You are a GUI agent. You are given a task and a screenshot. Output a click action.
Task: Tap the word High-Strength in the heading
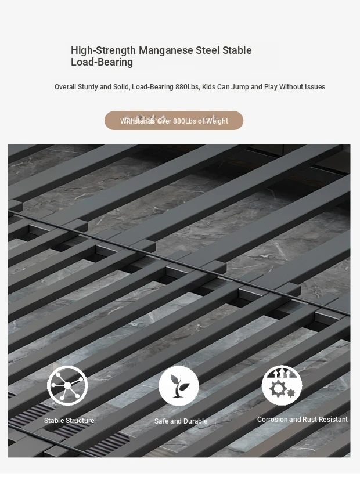click(x=103, y=50)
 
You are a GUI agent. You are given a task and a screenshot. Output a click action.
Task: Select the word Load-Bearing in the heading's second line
click(x=102, y=62)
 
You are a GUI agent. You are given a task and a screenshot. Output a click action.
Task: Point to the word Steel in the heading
click(x=207, y=50)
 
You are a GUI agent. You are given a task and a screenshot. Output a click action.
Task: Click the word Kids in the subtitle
click(x=208, y=87)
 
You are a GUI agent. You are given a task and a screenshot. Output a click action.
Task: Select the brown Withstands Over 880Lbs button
click(x=174, y=121)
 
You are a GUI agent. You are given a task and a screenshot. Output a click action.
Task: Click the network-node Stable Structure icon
click(x=67, y=386)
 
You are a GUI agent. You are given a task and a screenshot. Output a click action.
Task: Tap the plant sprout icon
click(x=179, y=386)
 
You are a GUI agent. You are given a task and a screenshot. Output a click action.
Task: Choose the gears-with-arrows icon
click(x=282, y=385)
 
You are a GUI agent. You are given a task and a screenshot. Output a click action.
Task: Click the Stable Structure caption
click(x=69, y=421)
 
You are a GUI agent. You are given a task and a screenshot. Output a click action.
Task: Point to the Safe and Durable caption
click(x=181, y=421)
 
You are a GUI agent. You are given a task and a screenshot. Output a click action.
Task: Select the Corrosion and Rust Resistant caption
click(x=303, y=420)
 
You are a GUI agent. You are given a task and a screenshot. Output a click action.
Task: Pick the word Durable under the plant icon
click(x=195, y=421)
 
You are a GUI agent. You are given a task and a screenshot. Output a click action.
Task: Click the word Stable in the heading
click(x=237, y=50)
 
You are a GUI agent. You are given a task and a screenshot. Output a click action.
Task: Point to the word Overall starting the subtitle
click(x=66, y=87)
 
